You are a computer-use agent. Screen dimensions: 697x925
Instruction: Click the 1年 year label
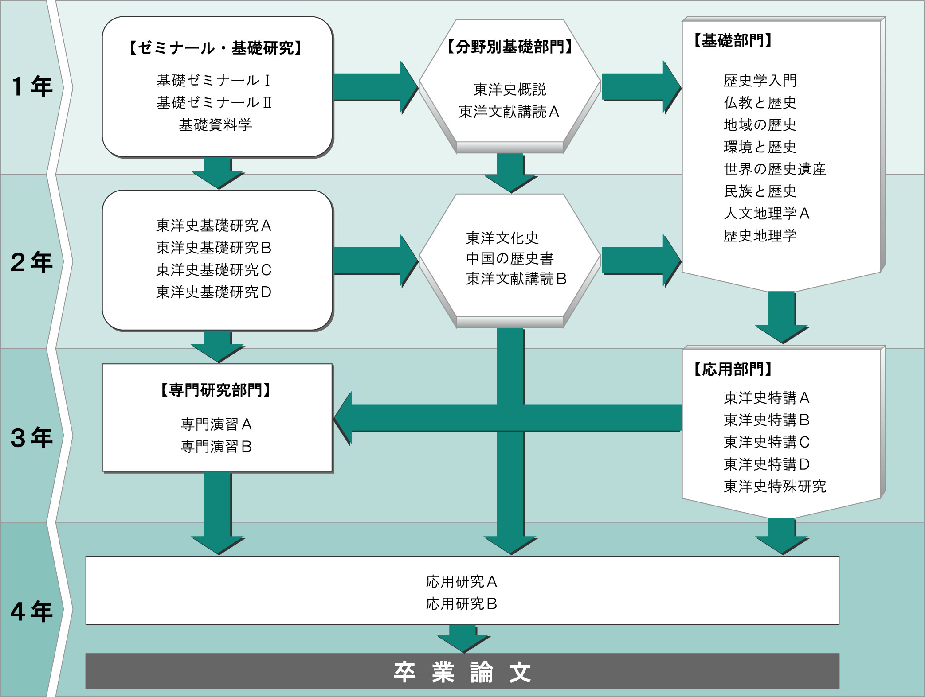(31, 87)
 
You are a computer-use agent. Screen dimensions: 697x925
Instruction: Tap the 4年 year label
(31, 611)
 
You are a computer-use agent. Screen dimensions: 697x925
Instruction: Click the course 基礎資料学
(216, 125)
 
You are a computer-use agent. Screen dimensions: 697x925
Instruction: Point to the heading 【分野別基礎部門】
(509, 47)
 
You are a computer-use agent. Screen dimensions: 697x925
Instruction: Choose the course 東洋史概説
(510, 90)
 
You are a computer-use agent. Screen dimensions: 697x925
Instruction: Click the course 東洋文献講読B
(516, 279)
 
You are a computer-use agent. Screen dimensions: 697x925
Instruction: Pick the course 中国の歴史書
(510, 258)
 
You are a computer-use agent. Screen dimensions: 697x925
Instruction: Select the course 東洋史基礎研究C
(214, 270)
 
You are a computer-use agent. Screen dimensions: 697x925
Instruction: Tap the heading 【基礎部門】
(733, 41)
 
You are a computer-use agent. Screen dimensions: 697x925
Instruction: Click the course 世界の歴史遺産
(775, 169)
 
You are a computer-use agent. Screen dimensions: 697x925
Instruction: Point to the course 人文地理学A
(767, 214)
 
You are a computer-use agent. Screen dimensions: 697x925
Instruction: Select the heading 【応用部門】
(733, 369)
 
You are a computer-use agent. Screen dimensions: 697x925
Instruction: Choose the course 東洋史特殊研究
(775, 487)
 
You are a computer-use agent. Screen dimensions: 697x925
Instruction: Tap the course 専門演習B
(216, 447)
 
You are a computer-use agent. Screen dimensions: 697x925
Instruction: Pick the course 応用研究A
(461, 581)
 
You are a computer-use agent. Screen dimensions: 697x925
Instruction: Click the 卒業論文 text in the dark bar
(462, 672)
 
